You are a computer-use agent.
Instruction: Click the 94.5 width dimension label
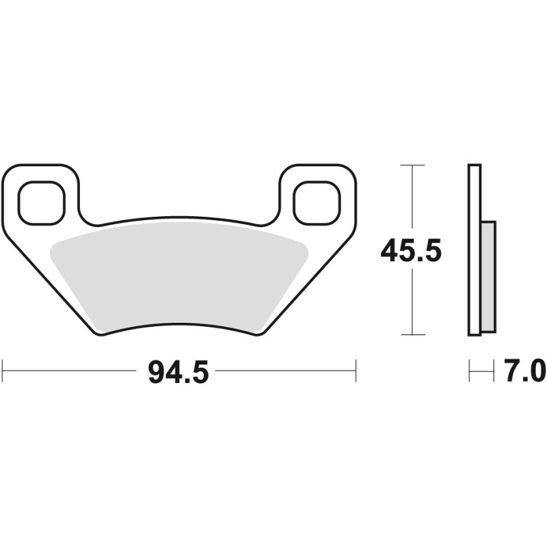tap(178, 373)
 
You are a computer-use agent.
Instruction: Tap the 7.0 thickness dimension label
tap(524, 373)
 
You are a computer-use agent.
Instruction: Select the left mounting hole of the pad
tap(42, 203)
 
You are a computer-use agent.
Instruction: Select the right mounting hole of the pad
tap(317, 203)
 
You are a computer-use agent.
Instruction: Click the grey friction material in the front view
tap(178, 277)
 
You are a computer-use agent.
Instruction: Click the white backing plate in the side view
tap(475, 250)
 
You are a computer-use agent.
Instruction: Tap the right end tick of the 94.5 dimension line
tap(356, 371)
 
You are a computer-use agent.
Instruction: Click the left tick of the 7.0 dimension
tap(470, 371)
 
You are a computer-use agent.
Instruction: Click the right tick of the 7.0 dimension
tap(493, 371)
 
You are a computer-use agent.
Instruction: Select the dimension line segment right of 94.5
tap(287, 371)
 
